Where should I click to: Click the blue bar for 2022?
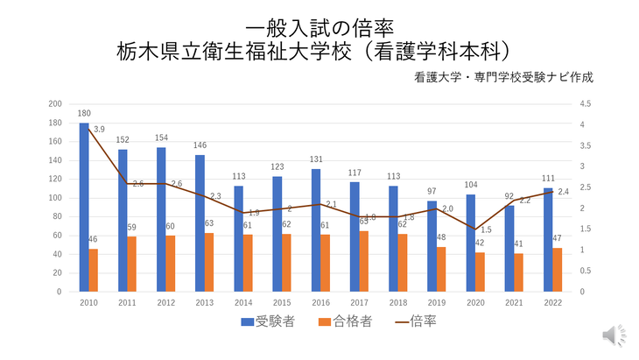click(548, 239)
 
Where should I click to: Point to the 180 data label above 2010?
click(84, 114)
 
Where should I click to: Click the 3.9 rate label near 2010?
click(99, 130)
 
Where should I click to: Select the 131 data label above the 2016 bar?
click(316, 159)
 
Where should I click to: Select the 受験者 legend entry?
click(267, 321)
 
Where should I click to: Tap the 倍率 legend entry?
click(415, 321)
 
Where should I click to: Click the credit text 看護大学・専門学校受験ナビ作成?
click(505, 76)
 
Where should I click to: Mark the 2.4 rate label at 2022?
click(563, 192)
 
